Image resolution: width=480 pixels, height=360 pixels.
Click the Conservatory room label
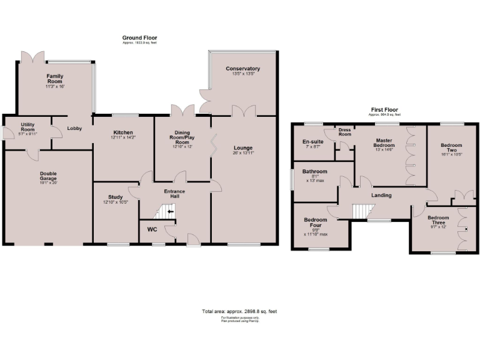click(243, 69)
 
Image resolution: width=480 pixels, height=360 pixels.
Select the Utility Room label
click(27, 127)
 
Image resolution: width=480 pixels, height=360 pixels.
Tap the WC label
click(152, 229)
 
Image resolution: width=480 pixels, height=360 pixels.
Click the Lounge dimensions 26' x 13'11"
click(243, 152)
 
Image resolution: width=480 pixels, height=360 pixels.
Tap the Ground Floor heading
click(139, 38)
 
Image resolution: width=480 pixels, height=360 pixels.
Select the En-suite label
click(312, 142)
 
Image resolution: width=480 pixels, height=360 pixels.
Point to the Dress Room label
click(345, 132)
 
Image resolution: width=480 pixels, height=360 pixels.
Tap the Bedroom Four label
click(316, 223)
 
